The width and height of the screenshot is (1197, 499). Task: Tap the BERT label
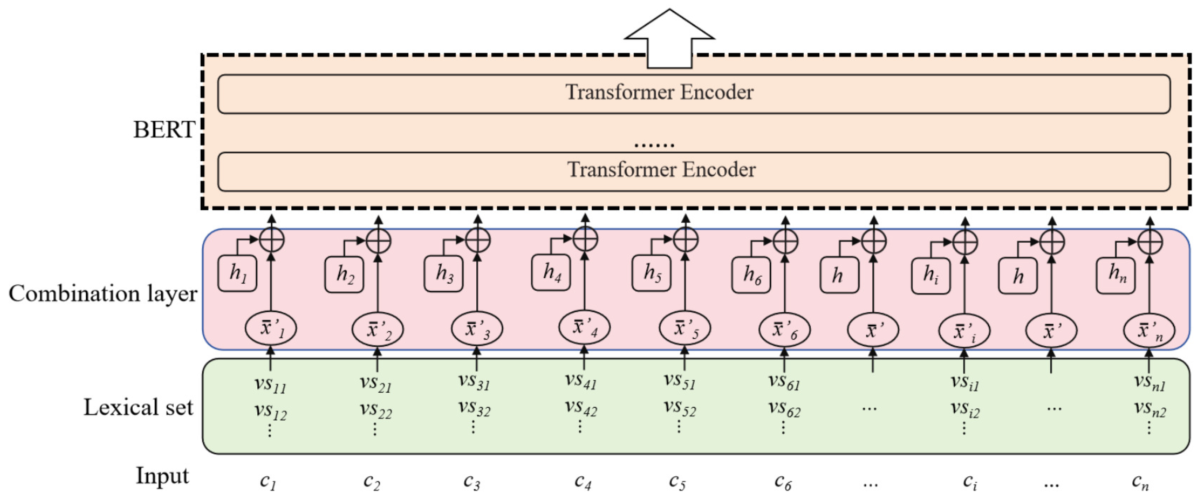pos(163,130)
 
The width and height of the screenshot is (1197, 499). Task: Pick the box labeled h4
pos(551,273)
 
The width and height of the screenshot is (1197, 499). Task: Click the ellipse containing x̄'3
pos(477,329)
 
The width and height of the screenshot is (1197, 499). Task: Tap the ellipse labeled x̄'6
pos(784,330)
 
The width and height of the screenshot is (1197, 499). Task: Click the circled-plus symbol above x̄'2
pos(378,240)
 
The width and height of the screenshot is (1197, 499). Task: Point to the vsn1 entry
pos(1149,382)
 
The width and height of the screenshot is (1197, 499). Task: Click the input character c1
pos(268,481)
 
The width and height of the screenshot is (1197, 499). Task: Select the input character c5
pos(677,481)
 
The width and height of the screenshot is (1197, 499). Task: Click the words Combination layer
pos(103,294)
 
